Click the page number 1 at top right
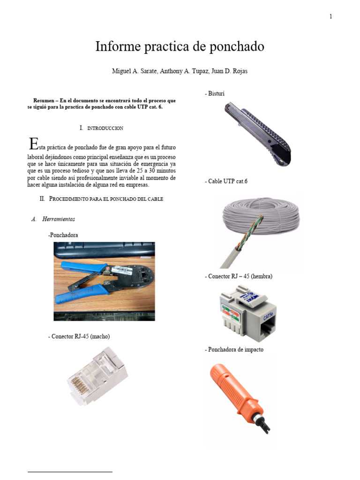coord(330,17)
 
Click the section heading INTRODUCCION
coord(105,128)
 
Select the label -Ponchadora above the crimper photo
coord(63,235)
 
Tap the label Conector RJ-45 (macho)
coord(79,337)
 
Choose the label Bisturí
coord(215,94)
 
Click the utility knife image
coord(257,134)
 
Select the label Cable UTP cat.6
coord(226,181)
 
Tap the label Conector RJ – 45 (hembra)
coord(239,277)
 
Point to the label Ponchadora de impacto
coord(234,350)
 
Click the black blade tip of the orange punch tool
coord(266,425)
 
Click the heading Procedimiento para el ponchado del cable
coord(106,199)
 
